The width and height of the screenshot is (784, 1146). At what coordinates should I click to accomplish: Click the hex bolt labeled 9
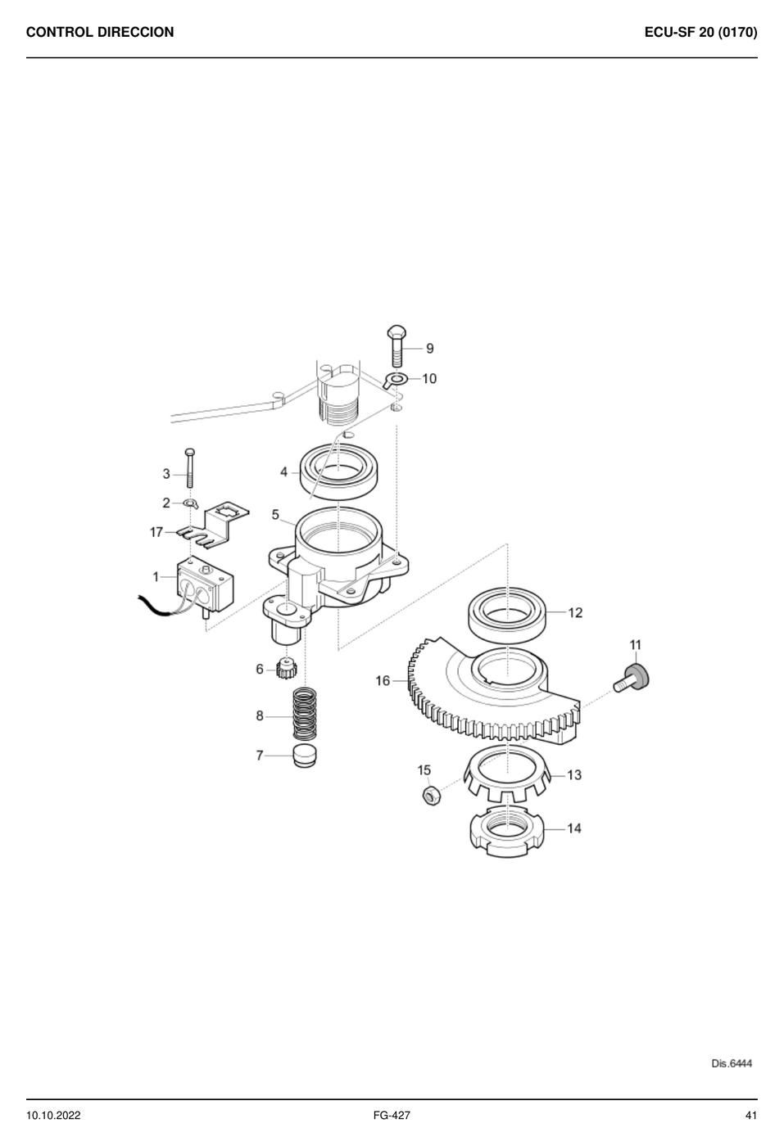(397, 345)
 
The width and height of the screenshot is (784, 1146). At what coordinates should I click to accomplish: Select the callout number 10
(429, 378)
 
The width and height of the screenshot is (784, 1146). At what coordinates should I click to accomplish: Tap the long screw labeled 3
(190, 467)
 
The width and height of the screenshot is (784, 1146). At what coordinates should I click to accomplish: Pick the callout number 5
(275, 514)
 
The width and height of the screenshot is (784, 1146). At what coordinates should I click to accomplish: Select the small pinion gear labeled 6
(287, 669)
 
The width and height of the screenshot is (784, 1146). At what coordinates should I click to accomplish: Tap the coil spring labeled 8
(305, 714)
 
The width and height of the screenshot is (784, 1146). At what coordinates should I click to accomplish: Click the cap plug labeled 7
(305, 756)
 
